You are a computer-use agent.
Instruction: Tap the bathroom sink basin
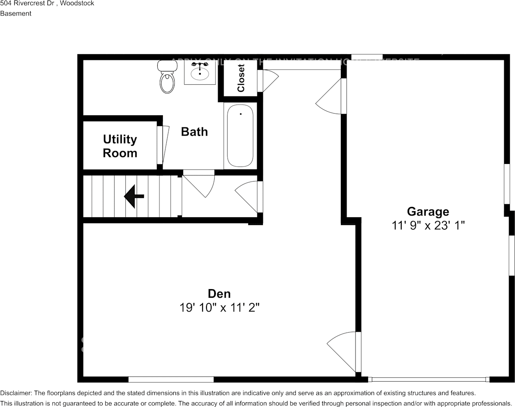[200, 72]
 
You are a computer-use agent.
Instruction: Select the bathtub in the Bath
[240, 136]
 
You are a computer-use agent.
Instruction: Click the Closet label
[241, 78]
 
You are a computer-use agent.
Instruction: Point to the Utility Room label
[120, 146]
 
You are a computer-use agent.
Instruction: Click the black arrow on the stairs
[134, 196]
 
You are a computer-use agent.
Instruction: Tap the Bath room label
[194, 132]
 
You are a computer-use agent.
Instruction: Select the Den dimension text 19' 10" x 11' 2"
[219, 308]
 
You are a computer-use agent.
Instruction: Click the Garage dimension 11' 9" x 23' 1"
[428, 225]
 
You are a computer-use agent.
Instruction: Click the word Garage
[428, 212]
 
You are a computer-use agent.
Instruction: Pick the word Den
[219, 294]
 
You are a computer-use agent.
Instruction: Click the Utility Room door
[161, 145]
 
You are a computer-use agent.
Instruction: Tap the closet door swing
[267, 81]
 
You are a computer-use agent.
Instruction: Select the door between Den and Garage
[345, 351]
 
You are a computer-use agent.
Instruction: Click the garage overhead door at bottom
[429, 379]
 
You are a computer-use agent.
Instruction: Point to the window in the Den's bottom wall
[171, 379]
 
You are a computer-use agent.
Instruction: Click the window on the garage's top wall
[367, 57]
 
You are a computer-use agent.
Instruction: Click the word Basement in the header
[16, 13]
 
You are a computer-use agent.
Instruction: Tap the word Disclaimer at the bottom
[16, 393]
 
